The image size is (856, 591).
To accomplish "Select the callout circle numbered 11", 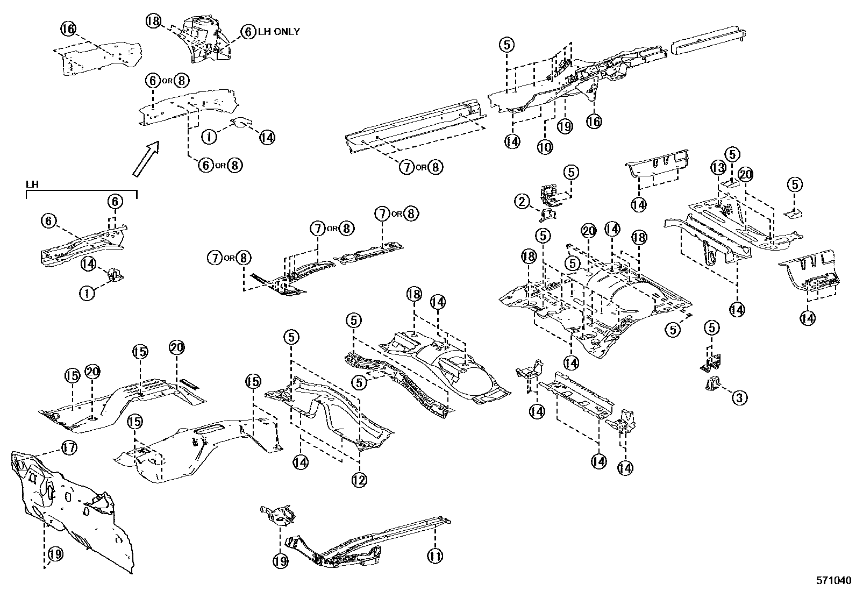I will [x=435, y=554].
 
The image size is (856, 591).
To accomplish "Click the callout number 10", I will [x=544, y=146].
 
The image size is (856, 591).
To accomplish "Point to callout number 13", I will [x=717, y=168].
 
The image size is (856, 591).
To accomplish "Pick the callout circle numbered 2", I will [x=521, y=202].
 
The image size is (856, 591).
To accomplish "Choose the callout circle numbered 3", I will [x=739, y=398].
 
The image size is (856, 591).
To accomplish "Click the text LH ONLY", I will [x=279, y=32].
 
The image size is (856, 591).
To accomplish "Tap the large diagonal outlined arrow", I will [x=146, y=159].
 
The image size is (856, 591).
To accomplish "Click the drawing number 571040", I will [x=833, y=581].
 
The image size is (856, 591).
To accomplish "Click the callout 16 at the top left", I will [x=69, y=28].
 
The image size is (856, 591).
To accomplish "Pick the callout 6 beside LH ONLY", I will [x=247, y=32].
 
